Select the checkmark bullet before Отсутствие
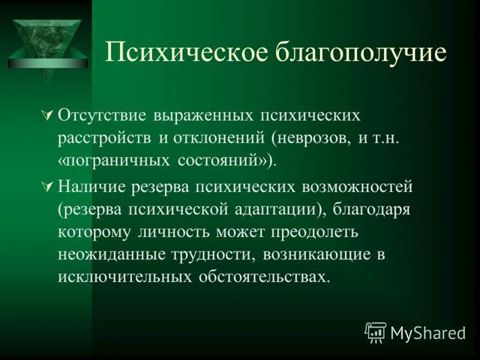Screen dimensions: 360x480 (50, 114)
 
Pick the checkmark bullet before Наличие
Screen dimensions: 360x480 (50, 187)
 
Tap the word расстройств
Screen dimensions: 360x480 (106, 137)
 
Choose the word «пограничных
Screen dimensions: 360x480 (114, 161)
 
